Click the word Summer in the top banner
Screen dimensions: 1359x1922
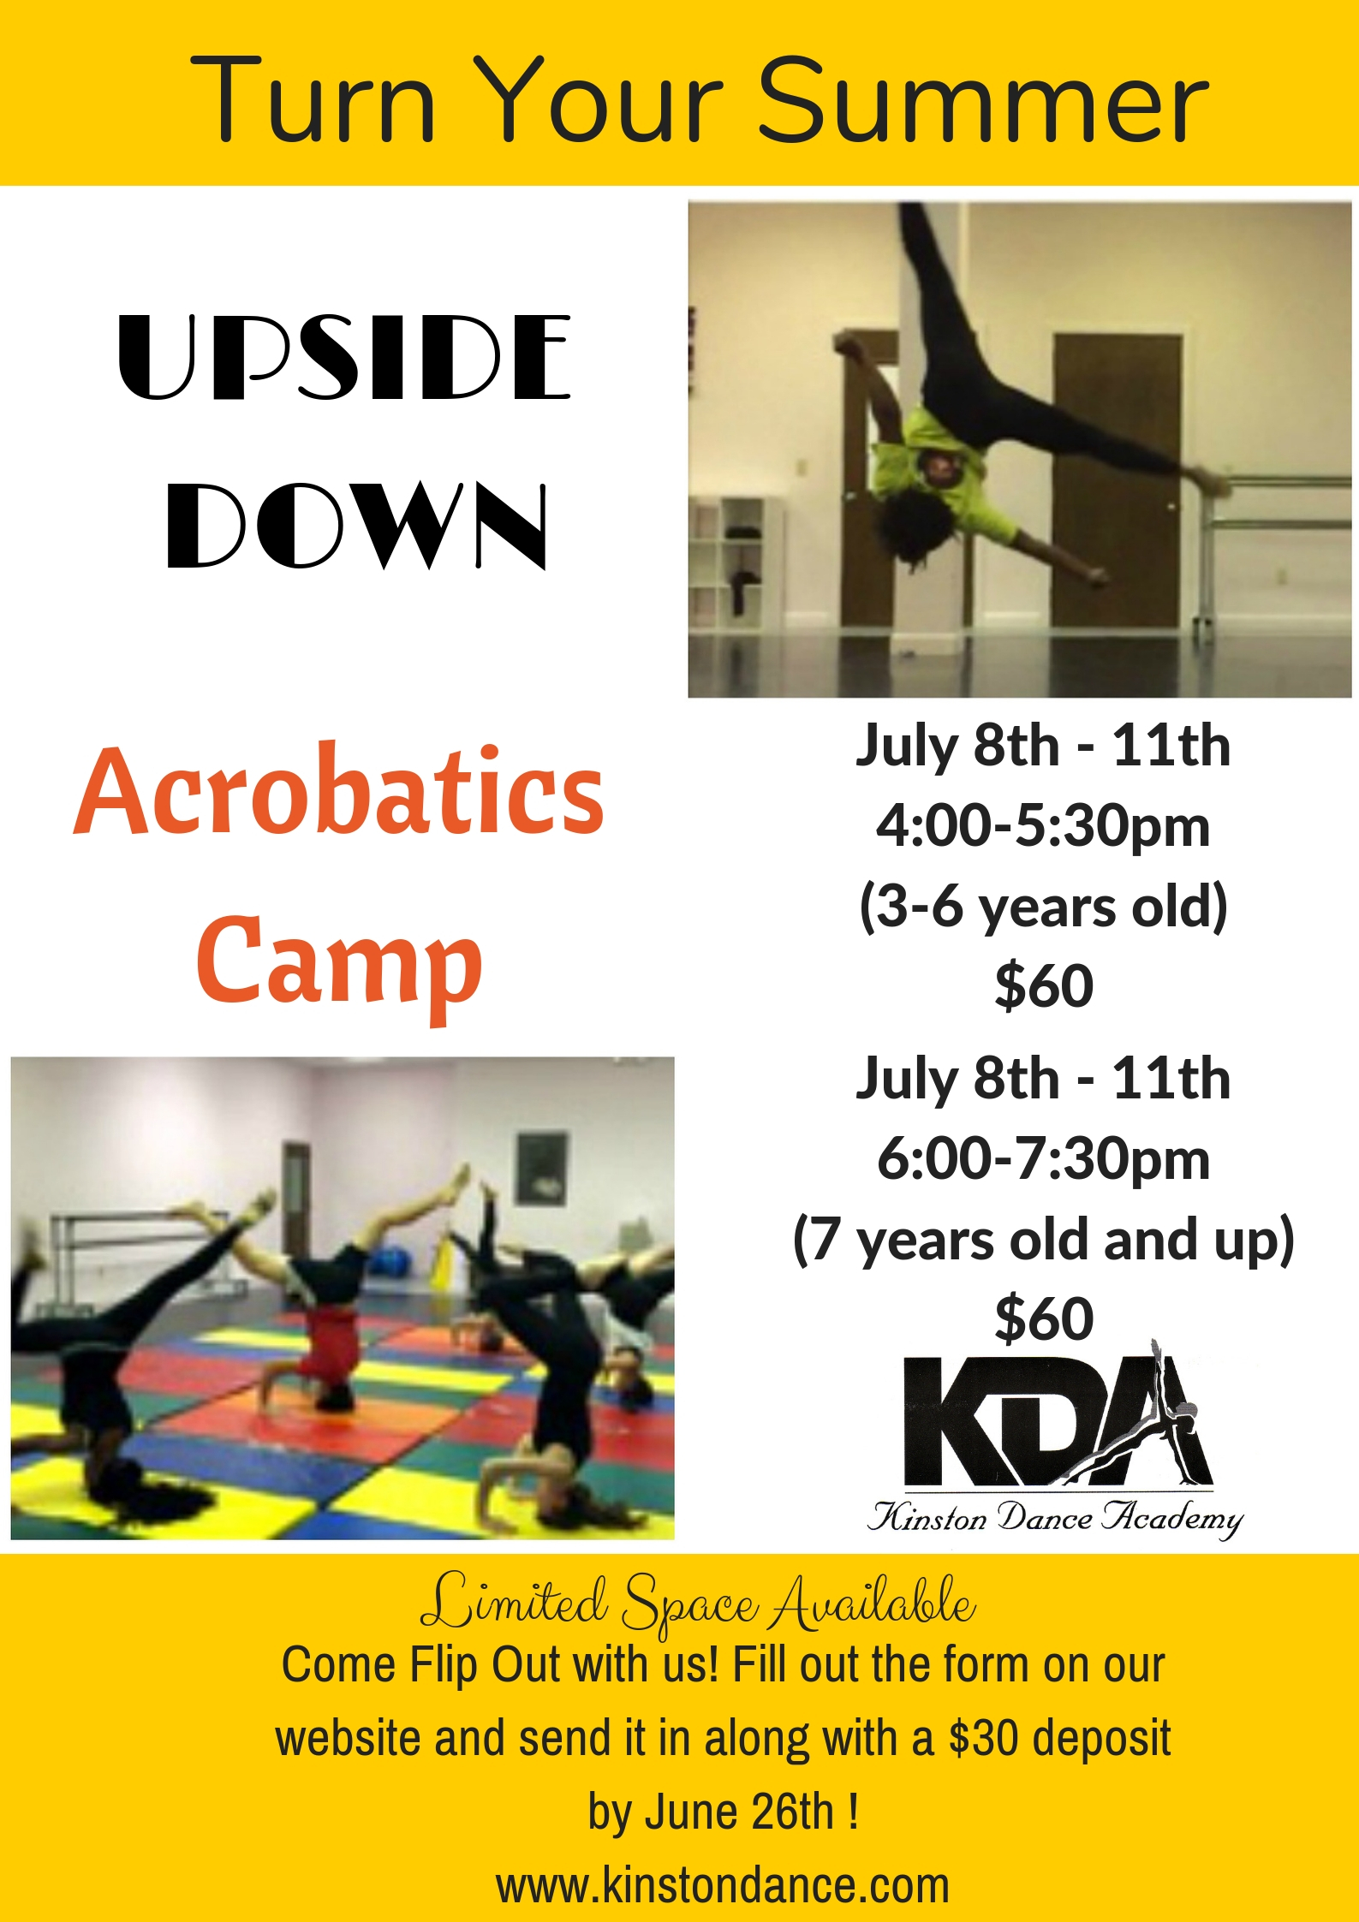point(983,100)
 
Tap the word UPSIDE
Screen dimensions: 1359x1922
point(344,357)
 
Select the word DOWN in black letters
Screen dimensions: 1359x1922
point(357,525)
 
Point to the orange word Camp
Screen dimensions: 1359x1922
point(339,963)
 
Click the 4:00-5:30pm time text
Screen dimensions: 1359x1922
point(1043,827)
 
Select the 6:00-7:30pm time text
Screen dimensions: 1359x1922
point(1043,1159)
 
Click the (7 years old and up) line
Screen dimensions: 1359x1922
point(1043,1240)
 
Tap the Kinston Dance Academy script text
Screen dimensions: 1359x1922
point(1055,1518)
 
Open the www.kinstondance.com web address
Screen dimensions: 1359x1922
point(723,1886)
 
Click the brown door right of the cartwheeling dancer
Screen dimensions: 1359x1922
point(1118,479)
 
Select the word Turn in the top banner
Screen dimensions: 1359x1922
point(313,100)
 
